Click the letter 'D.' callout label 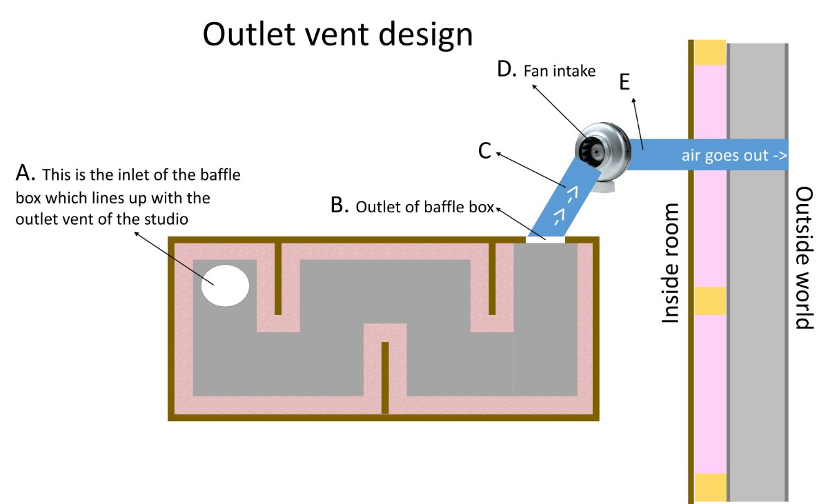pos(508,70)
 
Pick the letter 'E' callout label pos(624,81)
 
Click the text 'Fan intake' pos(560,71)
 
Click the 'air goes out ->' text pos(734,155)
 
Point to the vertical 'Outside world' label pos(805,258)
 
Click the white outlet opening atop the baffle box pos(546,239)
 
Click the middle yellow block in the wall pos(709,301)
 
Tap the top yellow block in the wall pos(709,52)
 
